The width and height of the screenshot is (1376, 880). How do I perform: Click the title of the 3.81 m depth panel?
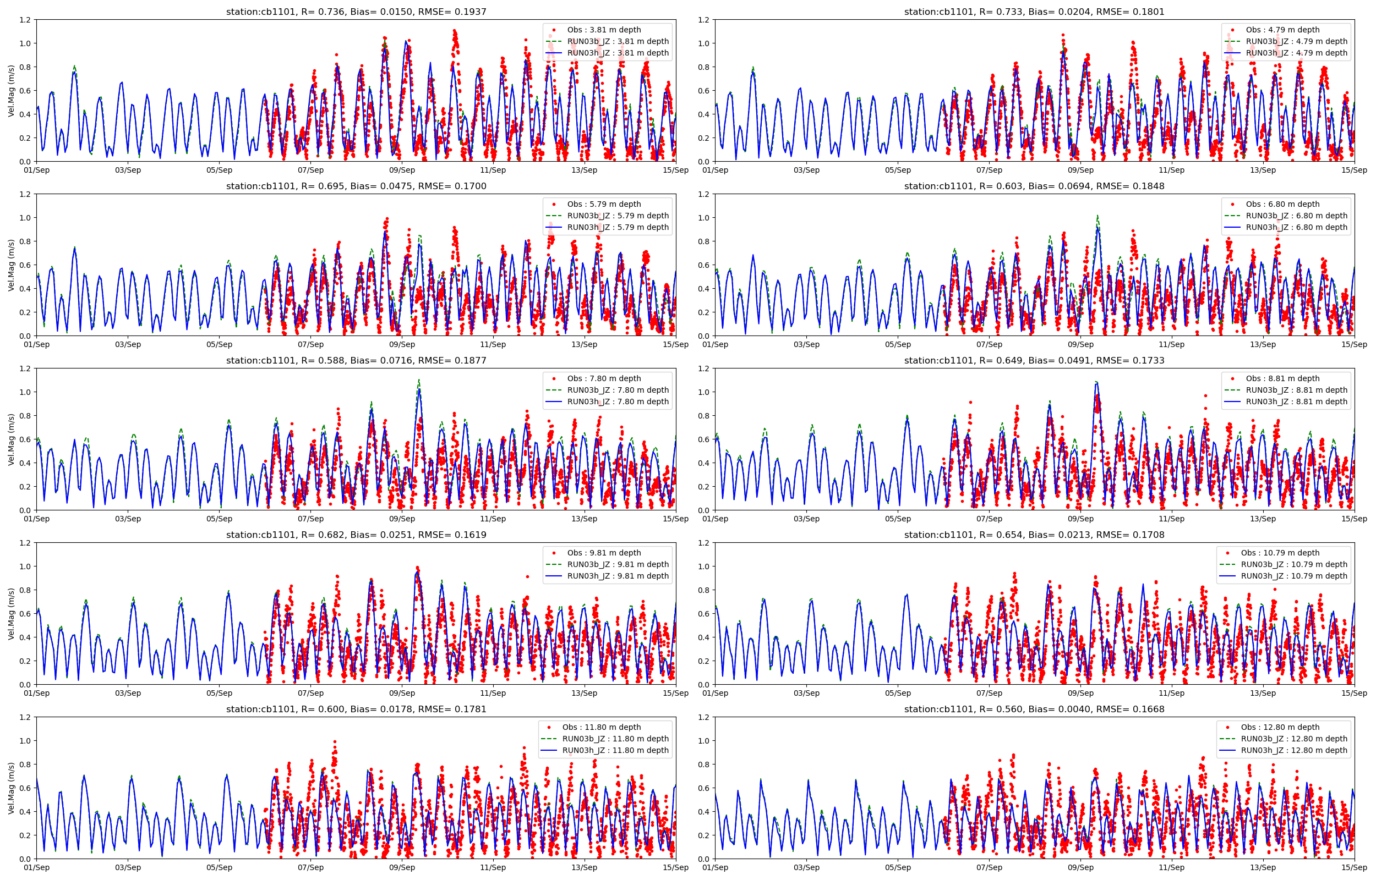tap(356, 12)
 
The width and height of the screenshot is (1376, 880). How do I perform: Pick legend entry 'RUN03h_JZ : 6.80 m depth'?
tap(1296, 227)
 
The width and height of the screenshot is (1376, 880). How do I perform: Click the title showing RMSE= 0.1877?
tap(356, 360)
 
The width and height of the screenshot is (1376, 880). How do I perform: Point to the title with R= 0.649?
tap(1034, 360)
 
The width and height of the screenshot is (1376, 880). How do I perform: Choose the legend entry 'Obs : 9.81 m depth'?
tap(604, 553)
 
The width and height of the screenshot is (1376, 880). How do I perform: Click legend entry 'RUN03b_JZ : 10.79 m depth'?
tap(1293, 564)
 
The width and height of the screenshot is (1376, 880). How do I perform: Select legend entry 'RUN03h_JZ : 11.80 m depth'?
tap(615, 750)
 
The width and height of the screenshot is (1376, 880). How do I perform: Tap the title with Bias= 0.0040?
tap(1034, 709)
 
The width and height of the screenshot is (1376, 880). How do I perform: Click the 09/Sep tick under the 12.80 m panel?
tap(1080, 867)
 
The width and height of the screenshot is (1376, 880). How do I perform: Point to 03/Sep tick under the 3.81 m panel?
tap(128, 170)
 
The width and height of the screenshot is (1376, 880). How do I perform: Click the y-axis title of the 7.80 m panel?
tap(11, 439)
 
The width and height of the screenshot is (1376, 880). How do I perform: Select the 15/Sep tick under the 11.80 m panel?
tap(675, 867)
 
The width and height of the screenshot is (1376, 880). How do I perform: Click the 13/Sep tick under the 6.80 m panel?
tap(1262, 344)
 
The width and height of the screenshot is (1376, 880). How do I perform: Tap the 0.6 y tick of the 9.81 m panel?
tap(25, 614)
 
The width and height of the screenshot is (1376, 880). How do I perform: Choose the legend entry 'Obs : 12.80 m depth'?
tap(1280, 727)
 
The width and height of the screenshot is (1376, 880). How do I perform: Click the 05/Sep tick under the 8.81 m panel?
tap(898, 519)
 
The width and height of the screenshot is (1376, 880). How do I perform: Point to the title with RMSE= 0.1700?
tap(356, 186)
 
